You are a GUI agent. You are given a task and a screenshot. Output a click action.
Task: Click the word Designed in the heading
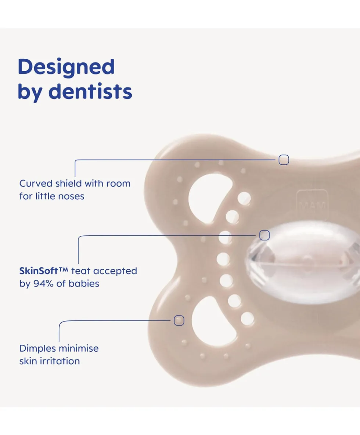pos(66,67)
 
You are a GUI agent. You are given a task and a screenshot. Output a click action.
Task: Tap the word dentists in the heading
pos(90,91)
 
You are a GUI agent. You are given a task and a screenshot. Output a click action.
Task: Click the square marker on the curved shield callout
pos(284,160)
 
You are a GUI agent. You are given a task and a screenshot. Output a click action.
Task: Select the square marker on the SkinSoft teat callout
pos(264,235)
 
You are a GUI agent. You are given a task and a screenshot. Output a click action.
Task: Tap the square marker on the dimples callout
pos(179,320)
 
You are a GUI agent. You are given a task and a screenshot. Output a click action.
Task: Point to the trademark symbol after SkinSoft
pos(63,269)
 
